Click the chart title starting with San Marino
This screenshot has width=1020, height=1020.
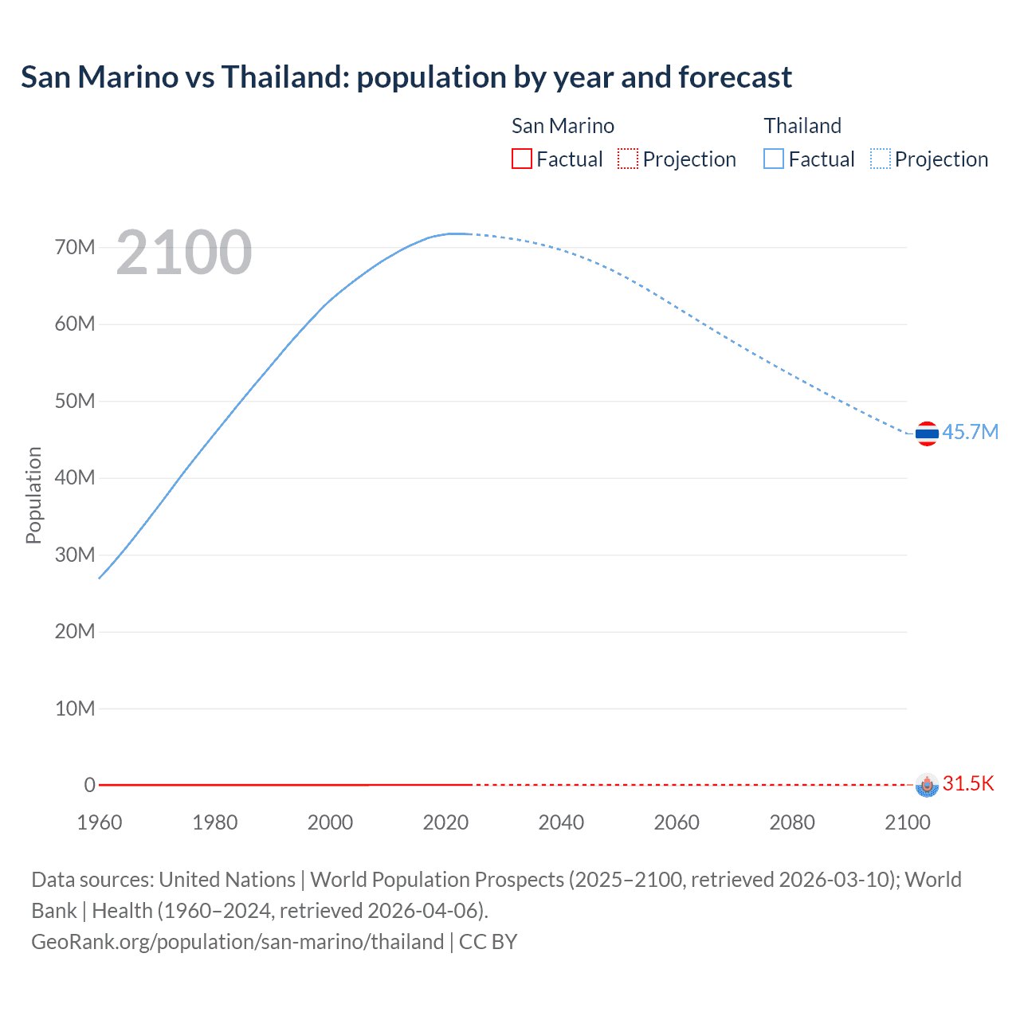(x=406, y=77)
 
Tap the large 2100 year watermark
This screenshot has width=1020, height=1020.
(x=184, y=253)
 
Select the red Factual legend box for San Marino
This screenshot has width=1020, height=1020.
(x=521, y=159)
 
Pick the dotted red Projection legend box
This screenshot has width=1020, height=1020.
(x=628, y=159)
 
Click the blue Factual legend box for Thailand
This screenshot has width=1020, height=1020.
(x=773, y=159)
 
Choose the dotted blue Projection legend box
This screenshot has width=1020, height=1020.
(x=880, y=159)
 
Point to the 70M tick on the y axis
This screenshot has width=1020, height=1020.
(x=75, y=247)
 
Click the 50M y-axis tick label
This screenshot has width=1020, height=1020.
(x=75, y=401)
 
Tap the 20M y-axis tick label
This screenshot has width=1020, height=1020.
(x=75, y=631)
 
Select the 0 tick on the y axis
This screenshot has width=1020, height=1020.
(x=89, y=785)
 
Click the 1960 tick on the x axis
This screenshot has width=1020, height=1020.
(x=100, y=822)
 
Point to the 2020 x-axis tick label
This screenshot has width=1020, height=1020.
(x=445, y=822)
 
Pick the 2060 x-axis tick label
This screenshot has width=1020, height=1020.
(x=677, y=822)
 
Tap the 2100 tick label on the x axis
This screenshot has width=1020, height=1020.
(x=907, y=822)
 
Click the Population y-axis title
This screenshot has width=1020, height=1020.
(x=33, y=495)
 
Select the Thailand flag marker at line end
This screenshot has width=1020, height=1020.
(x=927, y=433)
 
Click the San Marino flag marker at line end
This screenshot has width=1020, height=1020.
(x=927, y=785)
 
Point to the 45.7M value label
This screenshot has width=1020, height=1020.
(x=970, y=432)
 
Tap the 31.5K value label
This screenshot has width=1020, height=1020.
(x=968, y=783)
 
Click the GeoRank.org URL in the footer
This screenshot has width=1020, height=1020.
(x=237, y=941)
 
